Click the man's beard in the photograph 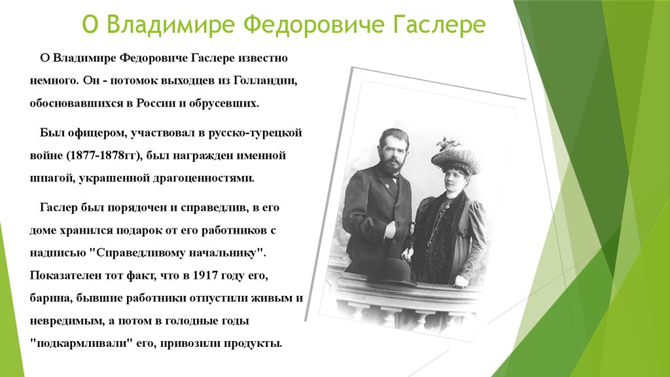click(392, 165)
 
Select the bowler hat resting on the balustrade click(392, 270)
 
